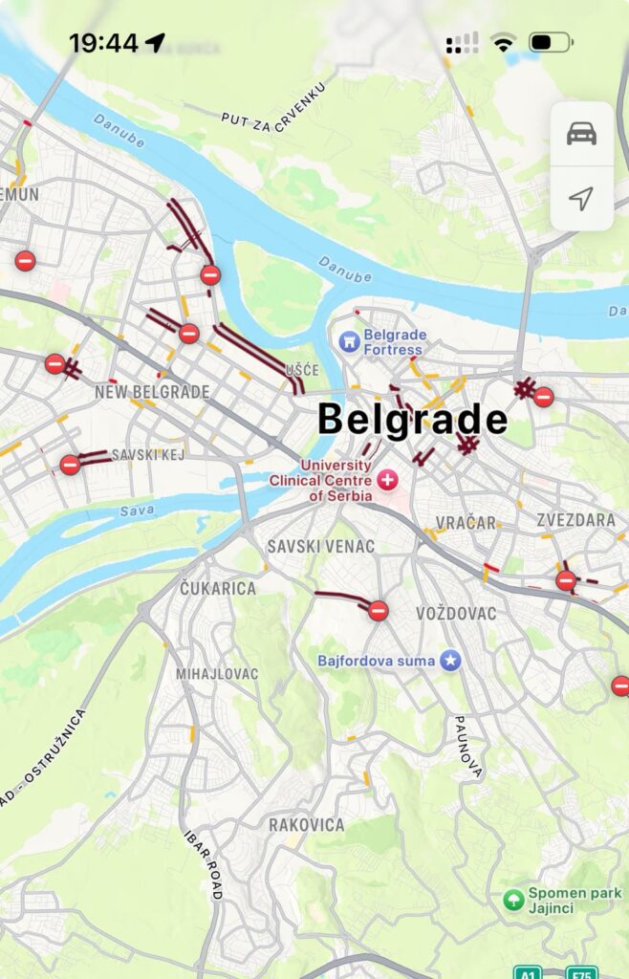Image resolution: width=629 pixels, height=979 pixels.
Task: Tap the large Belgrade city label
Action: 412,420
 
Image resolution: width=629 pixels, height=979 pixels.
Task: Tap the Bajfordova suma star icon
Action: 450,661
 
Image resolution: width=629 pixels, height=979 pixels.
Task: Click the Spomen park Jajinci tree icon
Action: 513,900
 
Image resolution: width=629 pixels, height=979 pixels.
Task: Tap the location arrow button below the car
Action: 581,198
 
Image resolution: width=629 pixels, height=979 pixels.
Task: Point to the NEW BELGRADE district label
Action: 152,392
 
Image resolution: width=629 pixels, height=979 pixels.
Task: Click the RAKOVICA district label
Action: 306,824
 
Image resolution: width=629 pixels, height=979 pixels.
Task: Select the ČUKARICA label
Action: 218,588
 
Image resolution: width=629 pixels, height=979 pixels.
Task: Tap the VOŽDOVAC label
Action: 456,614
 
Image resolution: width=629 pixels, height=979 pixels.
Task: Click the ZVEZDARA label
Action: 575,521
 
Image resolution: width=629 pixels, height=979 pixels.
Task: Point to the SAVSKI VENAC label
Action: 320,546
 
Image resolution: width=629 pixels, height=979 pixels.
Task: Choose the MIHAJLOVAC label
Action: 217,674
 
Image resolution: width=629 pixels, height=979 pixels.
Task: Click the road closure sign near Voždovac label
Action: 379,610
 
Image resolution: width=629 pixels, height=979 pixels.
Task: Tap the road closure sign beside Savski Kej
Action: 70,465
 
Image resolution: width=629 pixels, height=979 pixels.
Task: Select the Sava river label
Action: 137,511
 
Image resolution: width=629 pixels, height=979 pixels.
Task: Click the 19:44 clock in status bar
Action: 103,43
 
